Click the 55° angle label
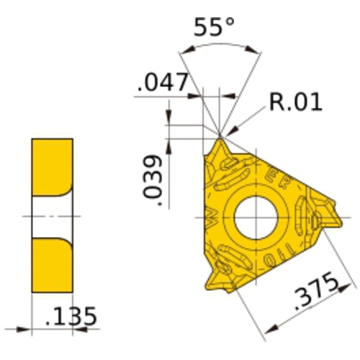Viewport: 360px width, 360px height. (215, 28)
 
